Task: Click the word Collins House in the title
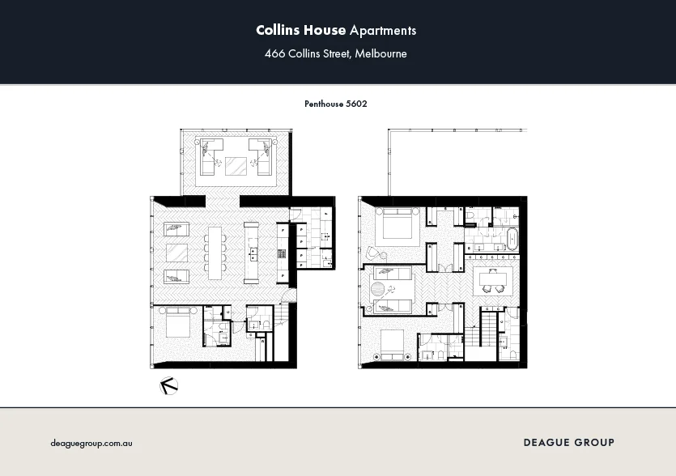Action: click(x=300, y=31)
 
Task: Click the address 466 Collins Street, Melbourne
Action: click(x=336, y=54)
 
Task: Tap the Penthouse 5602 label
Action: click(x=336, y=104)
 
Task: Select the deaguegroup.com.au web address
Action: click(x=91, y=443)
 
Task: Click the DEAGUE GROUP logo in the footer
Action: click(x=568, y=442)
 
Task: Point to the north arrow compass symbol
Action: click(x=169, y=386)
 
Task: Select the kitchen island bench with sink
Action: click(x=252, y=252)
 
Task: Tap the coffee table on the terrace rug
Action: click(x=236, y=166)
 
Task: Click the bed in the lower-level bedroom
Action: click(x=177, y=326)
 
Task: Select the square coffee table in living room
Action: click(x=176, y=253)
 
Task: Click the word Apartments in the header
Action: click(x=383, y=31)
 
